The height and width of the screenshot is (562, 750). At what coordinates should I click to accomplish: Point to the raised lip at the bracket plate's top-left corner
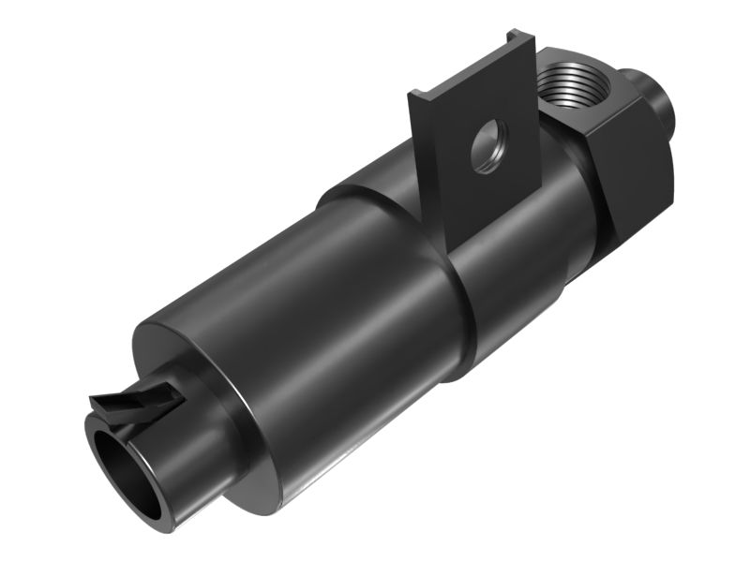pos(416,95)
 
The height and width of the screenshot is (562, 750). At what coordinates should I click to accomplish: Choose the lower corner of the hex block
pos(614,234)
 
